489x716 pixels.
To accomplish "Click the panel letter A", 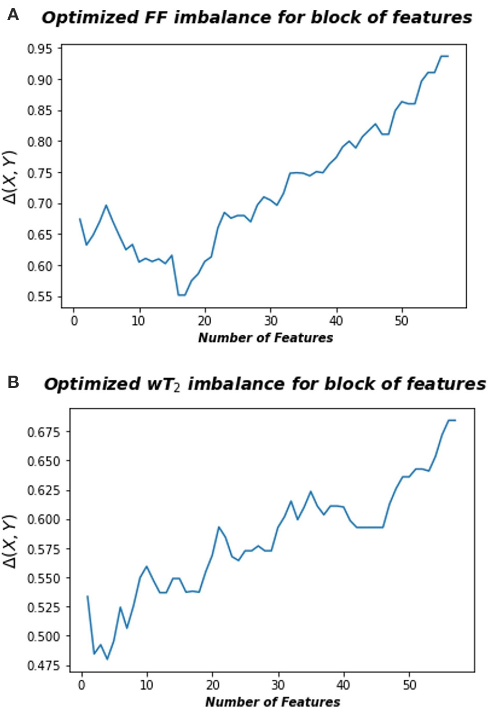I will click(x=13, y=15).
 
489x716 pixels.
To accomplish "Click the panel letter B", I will click(x=13, y=382).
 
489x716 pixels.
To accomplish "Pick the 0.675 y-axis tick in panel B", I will click(x=43, y=432).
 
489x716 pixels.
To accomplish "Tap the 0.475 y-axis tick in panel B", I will click(x=43, y=666).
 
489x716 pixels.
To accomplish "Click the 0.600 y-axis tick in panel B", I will click(x=43, y=519).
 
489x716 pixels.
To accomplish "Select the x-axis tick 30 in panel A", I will click(x=270, y=321).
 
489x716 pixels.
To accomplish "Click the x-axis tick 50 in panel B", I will click(x=409, y=685).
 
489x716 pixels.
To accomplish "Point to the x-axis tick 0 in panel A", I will click(x=74, y=321).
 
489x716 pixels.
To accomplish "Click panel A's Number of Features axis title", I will click(x=265, y=338).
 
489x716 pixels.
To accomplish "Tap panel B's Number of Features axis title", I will click(x=273, y=703).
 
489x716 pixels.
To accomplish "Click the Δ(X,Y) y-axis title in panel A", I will click(x=11, y=177).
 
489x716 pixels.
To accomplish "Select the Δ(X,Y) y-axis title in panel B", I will click(x=11, y=541).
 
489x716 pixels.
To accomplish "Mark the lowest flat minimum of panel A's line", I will click(x=182, y=295).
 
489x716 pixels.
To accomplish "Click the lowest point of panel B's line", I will click(x=108, y=659).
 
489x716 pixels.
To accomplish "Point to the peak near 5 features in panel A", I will click(x=106, y=205).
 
